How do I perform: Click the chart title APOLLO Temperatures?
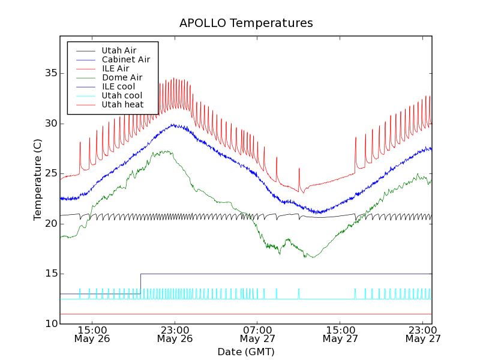pyautogui.click(x=246, y=23)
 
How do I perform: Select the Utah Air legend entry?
pyautogui.click(x=119, y=51)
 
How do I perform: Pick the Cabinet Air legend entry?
pyautogui.click(x=125, y=60)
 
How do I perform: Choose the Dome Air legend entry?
pyautogui.click(x=122, y=78)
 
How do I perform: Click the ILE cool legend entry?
pyautogui.click(x=118, y=87)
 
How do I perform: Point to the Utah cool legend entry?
pyautogui.click(x=122, y=96)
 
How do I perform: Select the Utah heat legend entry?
pyautogui.click(x=122, y=105)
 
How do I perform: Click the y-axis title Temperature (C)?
pyautogui.click(x=38, y=179)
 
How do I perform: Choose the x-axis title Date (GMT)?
pyautogui.click(x=246, y=352)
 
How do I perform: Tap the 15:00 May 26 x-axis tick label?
pyautogui.click(x=92, y=334)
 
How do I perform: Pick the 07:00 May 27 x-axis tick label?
pyautogui.click(x=257, y=334)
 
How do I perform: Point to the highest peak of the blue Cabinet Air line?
pyautogui.click(x=173, y=124)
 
